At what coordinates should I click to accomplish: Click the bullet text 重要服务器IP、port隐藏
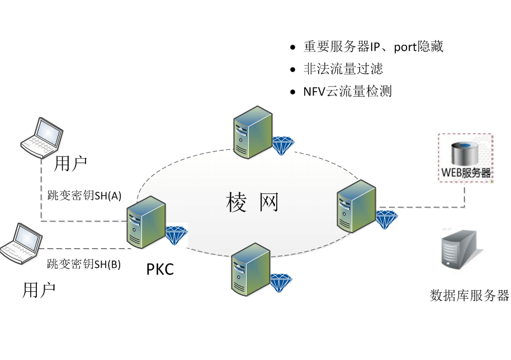point(373,47)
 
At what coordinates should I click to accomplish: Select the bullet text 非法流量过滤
point(343,69)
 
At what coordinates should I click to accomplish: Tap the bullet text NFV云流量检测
point(347,91)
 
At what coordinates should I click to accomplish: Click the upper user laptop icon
point(41,138)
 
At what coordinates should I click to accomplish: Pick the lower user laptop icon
point(21,243)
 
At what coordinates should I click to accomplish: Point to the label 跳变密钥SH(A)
point(82,196)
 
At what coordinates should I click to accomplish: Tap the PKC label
point(160,269)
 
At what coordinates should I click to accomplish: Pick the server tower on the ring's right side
point(356,206)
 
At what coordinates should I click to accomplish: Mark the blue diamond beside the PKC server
point(177,234)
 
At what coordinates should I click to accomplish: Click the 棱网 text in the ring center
point(252,202)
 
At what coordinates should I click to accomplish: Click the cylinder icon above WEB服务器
point(465,152)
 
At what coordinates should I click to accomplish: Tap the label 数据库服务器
point(469,296)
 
